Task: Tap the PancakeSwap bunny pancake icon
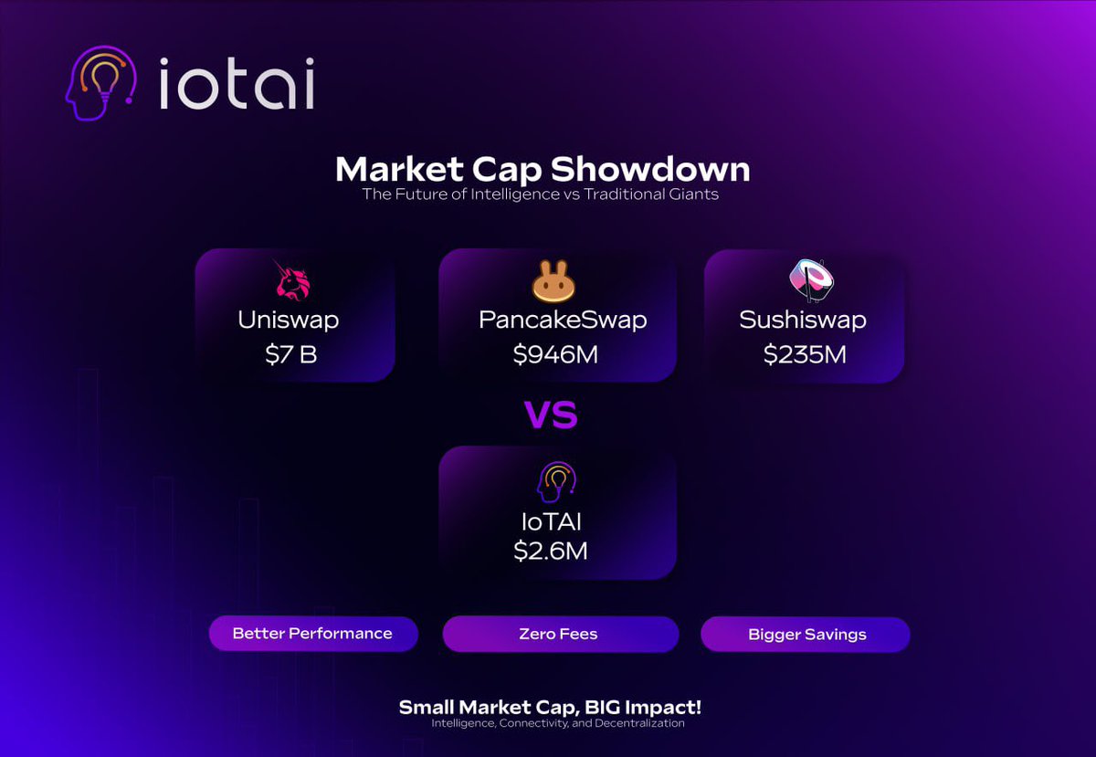555,283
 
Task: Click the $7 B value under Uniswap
291,354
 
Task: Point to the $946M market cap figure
555,354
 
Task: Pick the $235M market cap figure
805,354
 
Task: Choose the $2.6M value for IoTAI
550,551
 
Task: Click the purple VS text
551,415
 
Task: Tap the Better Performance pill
312,633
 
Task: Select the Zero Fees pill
558,634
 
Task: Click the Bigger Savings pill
806,634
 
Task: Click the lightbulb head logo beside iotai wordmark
101,83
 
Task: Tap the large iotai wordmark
237,85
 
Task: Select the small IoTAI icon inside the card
556,482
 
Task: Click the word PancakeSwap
563,321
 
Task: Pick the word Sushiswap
803,321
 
